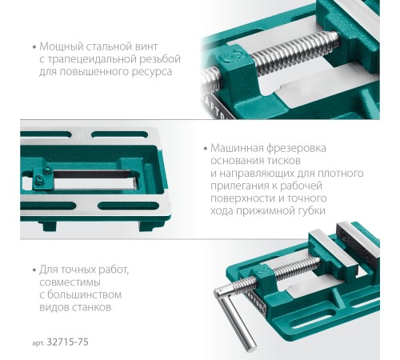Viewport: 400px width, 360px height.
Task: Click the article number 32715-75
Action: coord(67,342)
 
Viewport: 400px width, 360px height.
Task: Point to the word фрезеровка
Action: coord(297,148)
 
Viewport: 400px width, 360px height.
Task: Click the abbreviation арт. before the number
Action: coord(38,343)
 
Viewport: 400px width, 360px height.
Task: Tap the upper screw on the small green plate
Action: coord(47,170)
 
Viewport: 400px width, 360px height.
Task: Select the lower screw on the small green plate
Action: coord(39,180)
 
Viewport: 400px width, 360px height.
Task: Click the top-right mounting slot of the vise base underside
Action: coord(119,134)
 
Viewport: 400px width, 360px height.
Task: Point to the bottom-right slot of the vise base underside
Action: coord(129,206)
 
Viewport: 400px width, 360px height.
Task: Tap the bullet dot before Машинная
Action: coord(205,149)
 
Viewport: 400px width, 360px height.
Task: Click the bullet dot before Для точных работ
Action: coord(34,270)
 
